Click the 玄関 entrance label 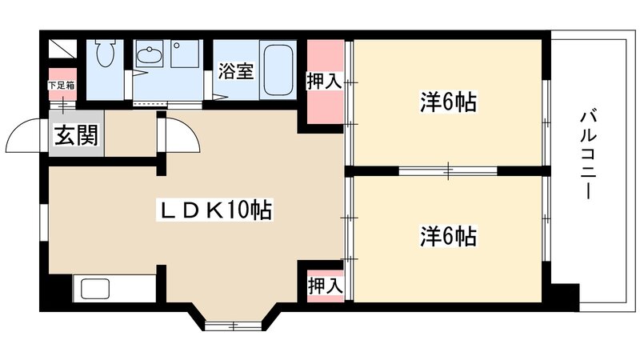76,137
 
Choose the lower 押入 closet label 324,285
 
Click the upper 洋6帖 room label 448,102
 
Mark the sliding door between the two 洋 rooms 447,170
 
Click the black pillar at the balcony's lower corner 566,297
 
